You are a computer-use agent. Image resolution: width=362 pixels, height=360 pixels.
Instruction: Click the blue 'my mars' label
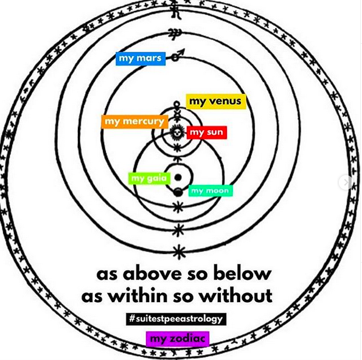pos(141,58)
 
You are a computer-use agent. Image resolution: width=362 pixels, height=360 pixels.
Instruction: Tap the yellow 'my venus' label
pos(216,102)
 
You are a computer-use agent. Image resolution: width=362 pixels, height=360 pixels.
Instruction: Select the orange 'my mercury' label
pos(134,122)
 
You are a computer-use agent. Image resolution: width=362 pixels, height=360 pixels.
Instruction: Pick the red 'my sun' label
pos(207,133)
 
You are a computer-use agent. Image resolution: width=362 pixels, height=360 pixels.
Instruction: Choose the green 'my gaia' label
pos(149,178)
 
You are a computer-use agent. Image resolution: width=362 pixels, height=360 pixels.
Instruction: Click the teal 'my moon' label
pos(211,191)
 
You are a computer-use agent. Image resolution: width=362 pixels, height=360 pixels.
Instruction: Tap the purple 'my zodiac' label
pos(178,339)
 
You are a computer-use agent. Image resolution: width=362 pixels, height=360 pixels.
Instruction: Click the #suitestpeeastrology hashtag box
pos(176,319)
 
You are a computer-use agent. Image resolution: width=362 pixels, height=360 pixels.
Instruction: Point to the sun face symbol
pos(177,133)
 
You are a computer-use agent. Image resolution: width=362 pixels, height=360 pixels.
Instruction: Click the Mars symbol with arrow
pos(178,55)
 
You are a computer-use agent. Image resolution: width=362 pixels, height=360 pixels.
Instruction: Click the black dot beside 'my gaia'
pos(178,178)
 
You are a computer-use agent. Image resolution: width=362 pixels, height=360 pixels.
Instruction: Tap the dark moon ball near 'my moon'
pos(178,192)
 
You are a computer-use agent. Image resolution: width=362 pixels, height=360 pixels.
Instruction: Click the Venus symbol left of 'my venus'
pos(176,106)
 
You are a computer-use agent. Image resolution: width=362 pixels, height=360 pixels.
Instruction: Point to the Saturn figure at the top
pos(176,10)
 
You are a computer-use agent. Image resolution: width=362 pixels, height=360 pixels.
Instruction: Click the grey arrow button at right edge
pos(346,182)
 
